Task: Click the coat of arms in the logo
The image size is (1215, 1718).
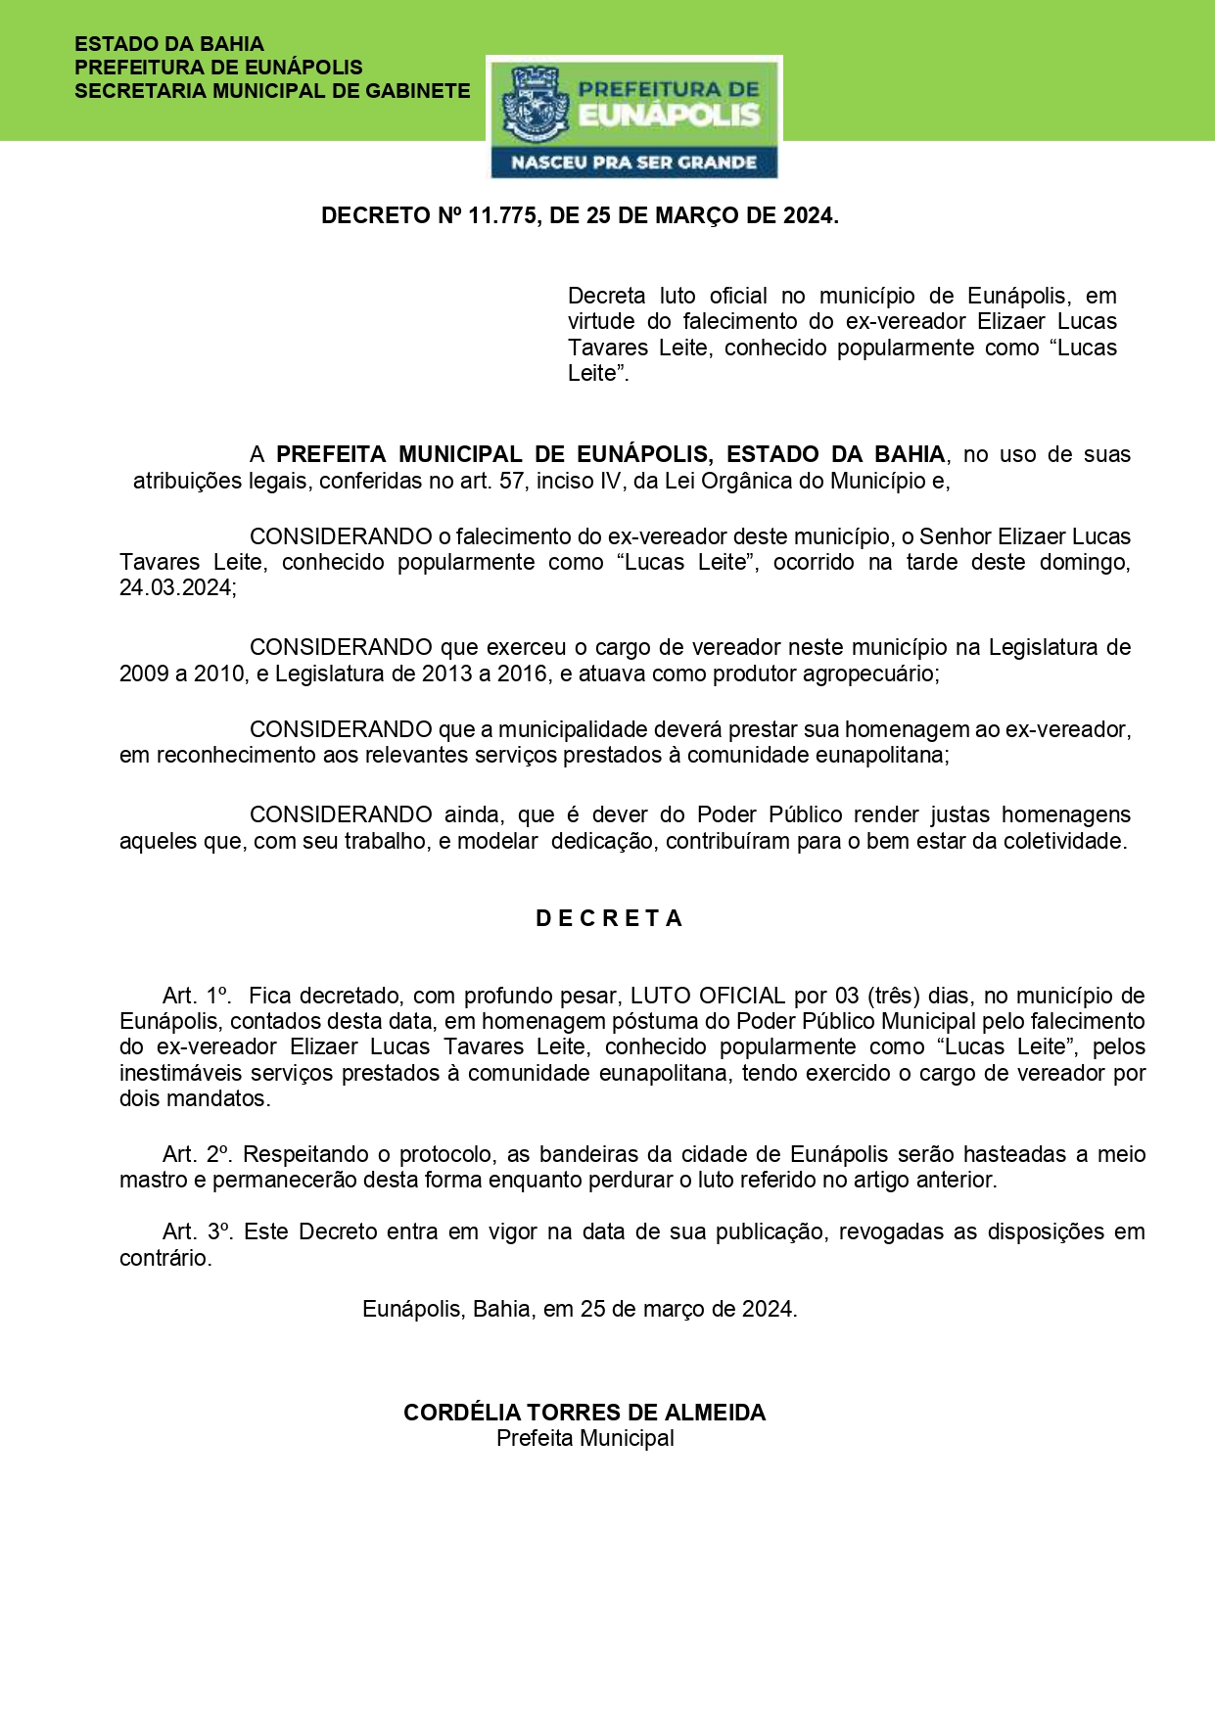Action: click(535, 107)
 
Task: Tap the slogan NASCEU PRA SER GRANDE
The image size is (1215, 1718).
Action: click(633, 163)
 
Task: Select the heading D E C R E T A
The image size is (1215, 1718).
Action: click(609, 918)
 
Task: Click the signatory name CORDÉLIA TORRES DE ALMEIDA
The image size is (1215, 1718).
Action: click(584, 1413)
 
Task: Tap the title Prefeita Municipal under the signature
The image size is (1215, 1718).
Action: click(584, 1438)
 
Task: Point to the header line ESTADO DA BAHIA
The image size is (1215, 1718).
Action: click(169, 44)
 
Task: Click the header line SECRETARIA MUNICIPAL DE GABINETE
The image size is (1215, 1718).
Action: click(272, 91)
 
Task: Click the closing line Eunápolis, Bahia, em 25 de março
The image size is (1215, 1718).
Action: click(580, 1309)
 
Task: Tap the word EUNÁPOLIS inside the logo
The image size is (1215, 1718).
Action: click(669, 115)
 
